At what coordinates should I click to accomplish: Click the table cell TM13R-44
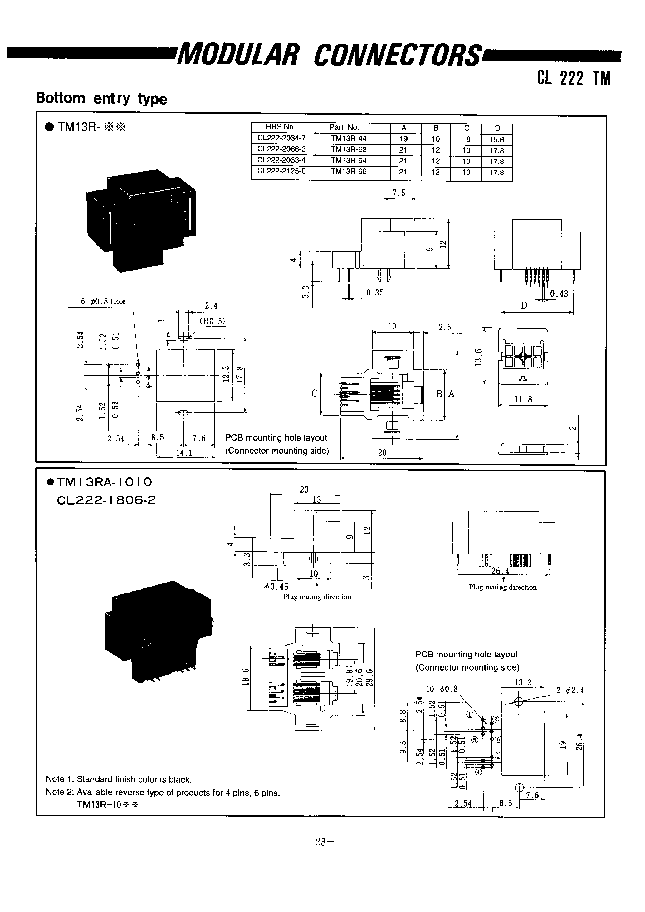pyautogui.click(x=348, y=139)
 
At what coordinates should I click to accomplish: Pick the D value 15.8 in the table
pyautogui.click(x=496, y=139)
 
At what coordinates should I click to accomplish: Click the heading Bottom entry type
pyautogui.click(x=101, y=98)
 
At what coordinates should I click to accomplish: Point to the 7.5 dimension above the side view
pyautogui.click(x=399, y=193)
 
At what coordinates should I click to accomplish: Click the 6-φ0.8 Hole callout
pyautogui.click(x=103, y=301)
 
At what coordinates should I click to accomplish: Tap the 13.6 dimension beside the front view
pyautogui.click(x=479, y=357)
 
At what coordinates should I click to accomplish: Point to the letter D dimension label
pyautogui.click(x=524, y=305)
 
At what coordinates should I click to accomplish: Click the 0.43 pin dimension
pyautogui.click(x=559, y=294)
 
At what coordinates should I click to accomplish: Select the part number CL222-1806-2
pyautogui.click(x=106, y=500)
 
